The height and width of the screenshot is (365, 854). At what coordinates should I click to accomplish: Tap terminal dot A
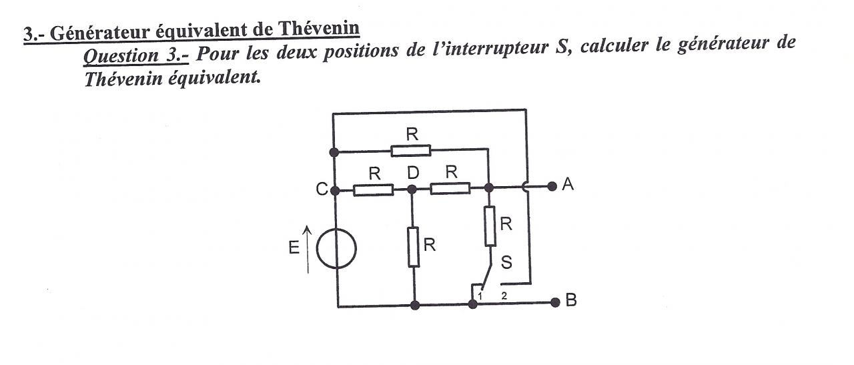[552, 186]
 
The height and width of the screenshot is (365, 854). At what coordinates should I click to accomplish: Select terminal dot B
[554, 302]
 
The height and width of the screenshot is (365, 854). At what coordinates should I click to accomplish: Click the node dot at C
[334, 190]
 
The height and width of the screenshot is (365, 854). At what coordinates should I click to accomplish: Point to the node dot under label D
[412, 190]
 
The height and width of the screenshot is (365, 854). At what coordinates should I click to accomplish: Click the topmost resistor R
[411, 150]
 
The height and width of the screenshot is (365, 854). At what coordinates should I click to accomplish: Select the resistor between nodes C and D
[373, 190]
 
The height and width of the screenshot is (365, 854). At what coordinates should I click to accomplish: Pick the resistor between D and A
[450, 189]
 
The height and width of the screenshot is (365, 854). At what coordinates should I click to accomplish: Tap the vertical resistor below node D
[414, 247]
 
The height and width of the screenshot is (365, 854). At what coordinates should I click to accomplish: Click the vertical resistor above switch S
[490, 226]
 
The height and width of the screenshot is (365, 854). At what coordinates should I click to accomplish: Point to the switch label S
[506, 263]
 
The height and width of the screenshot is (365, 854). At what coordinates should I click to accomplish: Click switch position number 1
[480, 294]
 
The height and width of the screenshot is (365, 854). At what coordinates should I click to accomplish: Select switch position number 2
[504, 294]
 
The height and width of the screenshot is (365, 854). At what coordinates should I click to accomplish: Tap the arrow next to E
[308, 249]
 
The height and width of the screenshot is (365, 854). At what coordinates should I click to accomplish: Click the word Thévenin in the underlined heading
[318, 29]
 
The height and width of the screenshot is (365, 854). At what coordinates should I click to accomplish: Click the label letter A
[568, 186]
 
